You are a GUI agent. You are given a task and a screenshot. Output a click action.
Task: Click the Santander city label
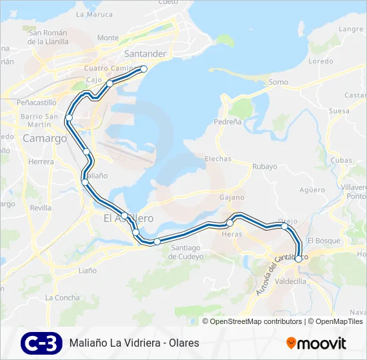coord(145,53)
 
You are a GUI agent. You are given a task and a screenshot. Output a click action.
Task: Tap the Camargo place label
coord(45,139)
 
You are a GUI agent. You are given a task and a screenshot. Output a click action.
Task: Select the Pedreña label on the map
coord(228,122)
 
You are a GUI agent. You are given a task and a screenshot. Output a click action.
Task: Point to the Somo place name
coord(278,82)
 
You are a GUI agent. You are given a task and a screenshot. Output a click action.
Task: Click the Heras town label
coord(232,234)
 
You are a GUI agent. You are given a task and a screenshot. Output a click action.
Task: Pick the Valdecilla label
coord(290,281)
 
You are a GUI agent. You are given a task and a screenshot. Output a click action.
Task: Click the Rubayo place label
coord(265,167)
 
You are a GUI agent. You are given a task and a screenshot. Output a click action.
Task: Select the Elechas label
coord(218,159)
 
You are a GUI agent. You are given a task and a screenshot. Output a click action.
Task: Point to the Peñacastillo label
coord(37,103)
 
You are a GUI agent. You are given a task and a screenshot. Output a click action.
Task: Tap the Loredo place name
coord(321,61)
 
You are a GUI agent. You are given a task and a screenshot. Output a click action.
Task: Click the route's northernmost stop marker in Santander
coord(143,69)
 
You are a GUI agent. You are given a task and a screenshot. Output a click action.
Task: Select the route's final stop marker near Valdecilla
coord(298,259)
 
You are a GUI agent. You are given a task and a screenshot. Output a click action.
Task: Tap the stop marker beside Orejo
coord(285,226)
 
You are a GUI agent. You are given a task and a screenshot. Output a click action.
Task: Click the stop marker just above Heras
coord(230,223)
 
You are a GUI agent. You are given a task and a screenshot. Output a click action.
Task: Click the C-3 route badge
coord(41,343)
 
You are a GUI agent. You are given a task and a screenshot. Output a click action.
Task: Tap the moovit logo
coord(316,343)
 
